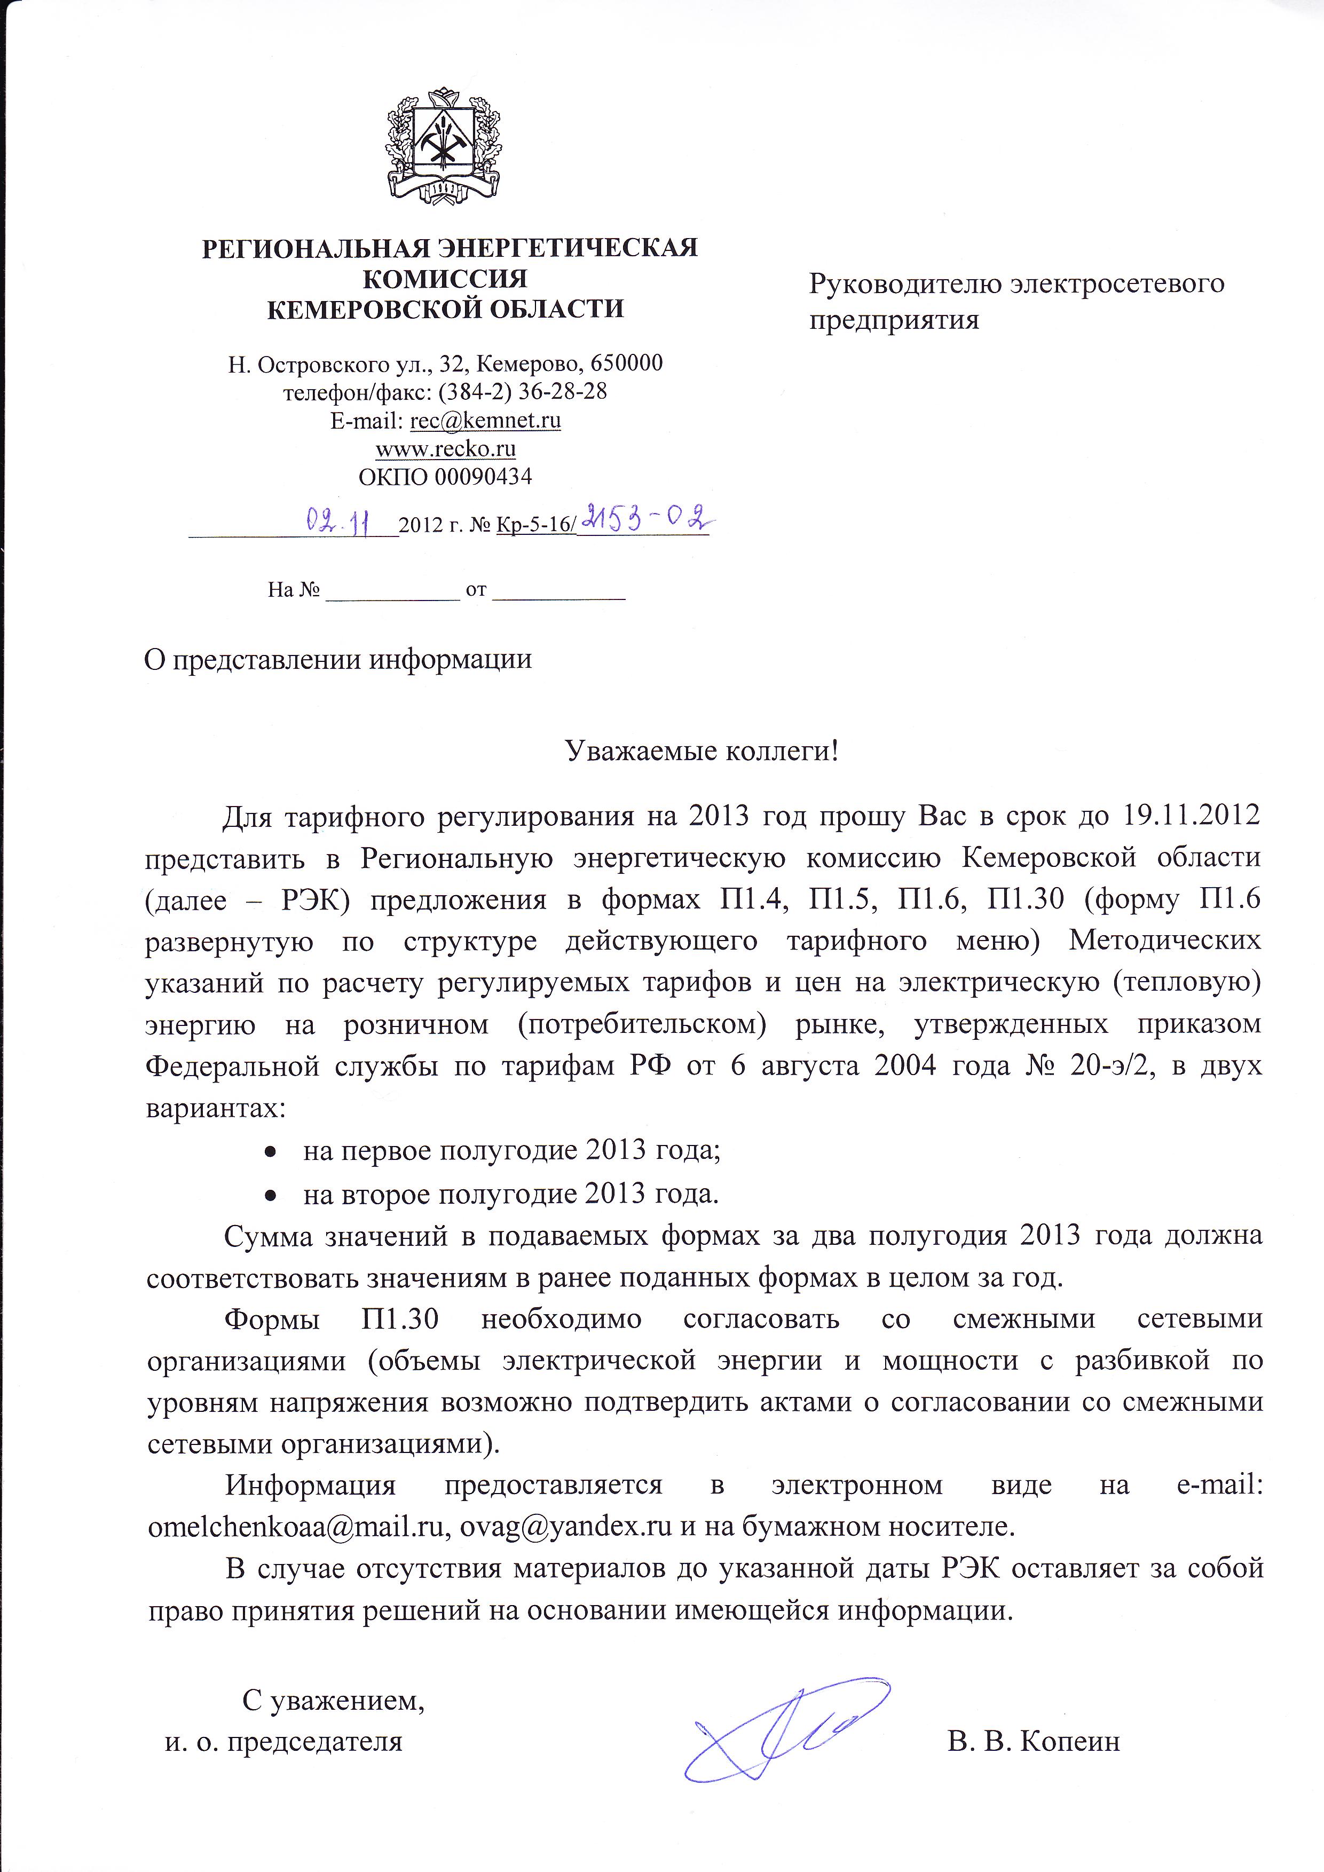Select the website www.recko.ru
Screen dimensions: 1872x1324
coord(445,448)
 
